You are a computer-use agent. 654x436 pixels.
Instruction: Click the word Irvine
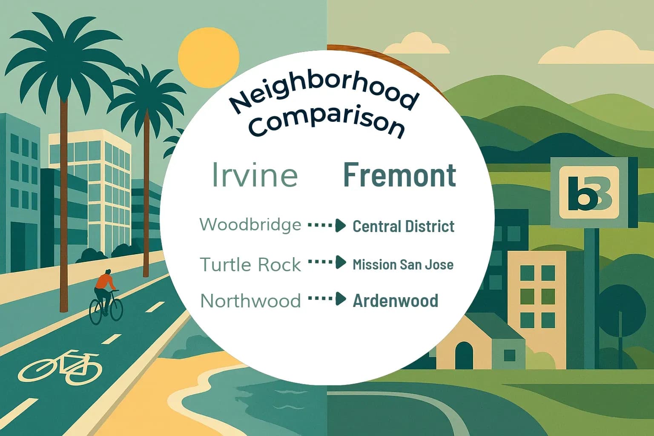[x=255, y=175]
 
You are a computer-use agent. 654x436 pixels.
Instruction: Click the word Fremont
[x=399, y=175]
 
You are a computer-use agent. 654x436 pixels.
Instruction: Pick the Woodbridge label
[x=250, y=224]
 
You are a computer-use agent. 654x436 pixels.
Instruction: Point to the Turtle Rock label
[x=250, y=265]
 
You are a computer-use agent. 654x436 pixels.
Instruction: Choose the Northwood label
[x=250, y=301]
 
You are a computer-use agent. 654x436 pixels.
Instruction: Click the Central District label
[x=403, y=226]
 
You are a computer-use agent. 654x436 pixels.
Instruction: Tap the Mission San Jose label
[x=403, y=264]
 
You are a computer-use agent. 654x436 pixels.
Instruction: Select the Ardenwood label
[x=395, y=301]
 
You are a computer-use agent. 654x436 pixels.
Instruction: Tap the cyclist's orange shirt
[x=105, y=281]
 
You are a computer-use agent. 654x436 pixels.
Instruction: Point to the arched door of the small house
[x=464, y=356]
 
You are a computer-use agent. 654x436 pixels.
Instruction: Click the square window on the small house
[x=509, y=355]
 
